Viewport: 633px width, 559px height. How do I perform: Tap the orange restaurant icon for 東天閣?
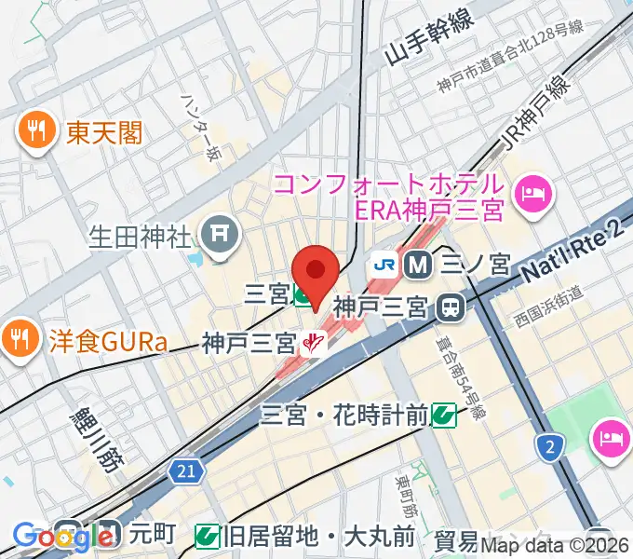click(x=37, y=132)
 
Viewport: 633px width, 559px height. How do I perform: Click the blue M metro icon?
click(x=420, y=266)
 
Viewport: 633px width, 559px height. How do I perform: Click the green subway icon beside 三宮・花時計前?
click(x=444, y=413)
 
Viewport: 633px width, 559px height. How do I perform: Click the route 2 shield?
click(x=551, y=449)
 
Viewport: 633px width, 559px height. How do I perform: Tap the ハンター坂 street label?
click(x=201, y=130)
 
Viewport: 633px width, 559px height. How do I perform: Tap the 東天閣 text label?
click(x=104, y=133)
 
